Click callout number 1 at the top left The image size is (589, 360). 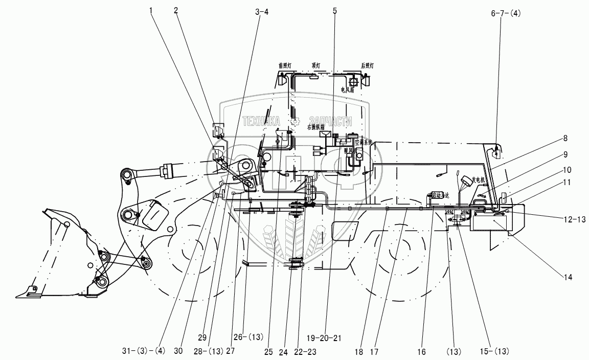pos(151,10)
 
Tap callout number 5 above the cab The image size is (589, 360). pos(335,10)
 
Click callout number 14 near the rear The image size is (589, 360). pos(569,277)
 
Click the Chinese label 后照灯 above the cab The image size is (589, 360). pos(367,65)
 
